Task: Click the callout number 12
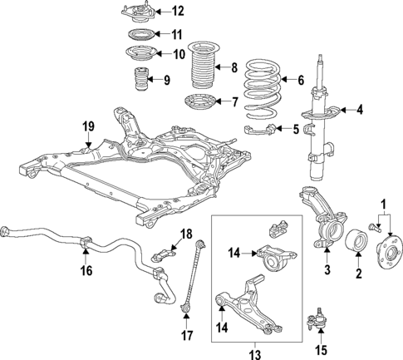(x=177, y=11)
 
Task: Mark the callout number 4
(x=360, y=109)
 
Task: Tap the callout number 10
(x=178, y=55)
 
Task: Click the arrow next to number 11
(x=162, y=34)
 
